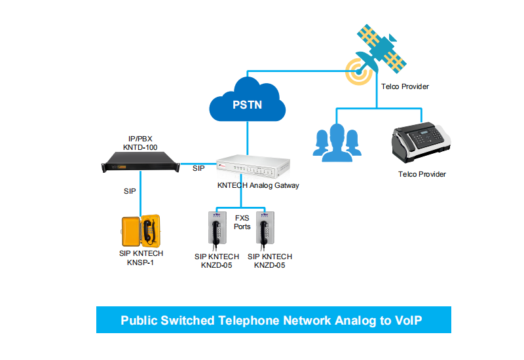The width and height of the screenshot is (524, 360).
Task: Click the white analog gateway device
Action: click(x=253, y=166)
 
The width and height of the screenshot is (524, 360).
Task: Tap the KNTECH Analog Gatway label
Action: click(x=258, y=185)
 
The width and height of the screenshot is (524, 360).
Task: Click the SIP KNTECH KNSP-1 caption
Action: click(x=141, y=258)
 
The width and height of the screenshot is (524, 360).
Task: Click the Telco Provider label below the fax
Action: click(x=422, y=174)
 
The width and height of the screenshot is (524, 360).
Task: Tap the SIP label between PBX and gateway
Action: click(x=198, y=169)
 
